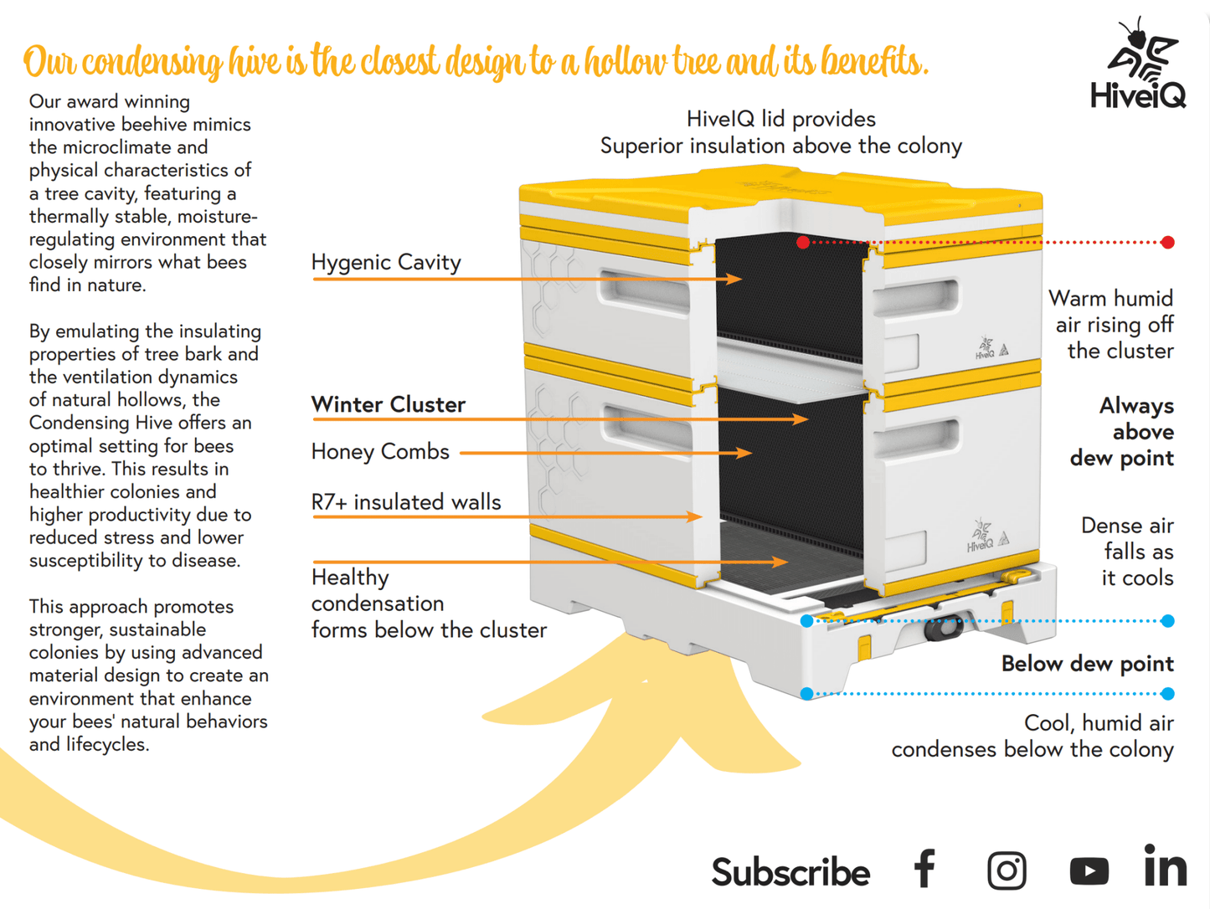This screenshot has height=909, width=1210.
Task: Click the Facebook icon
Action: click(924, 869)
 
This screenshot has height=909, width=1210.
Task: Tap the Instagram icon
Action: click(1007, 870)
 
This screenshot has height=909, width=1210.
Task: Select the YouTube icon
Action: click(1089, 870)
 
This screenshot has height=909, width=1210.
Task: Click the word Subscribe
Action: click(790, 872)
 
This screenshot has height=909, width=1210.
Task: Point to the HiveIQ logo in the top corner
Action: click(1139, 66)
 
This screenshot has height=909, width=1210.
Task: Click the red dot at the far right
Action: click(1168, 243)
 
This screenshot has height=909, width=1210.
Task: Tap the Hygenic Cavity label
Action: click(386, 262)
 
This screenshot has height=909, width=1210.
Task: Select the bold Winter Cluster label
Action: click(388, 404)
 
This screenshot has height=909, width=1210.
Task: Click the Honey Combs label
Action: click(380, 451)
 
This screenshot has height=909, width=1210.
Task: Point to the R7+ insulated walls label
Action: click(406, 501)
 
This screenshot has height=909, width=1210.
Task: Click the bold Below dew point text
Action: click(1087, 664)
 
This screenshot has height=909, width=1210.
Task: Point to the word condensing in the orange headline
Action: click(152, 62)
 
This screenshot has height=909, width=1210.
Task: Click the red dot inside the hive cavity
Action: click(803, 243)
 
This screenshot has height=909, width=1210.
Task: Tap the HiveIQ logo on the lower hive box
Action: click(980, 537)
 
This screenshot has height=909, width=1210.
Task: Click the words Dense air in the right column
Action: click(1126, 526)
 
